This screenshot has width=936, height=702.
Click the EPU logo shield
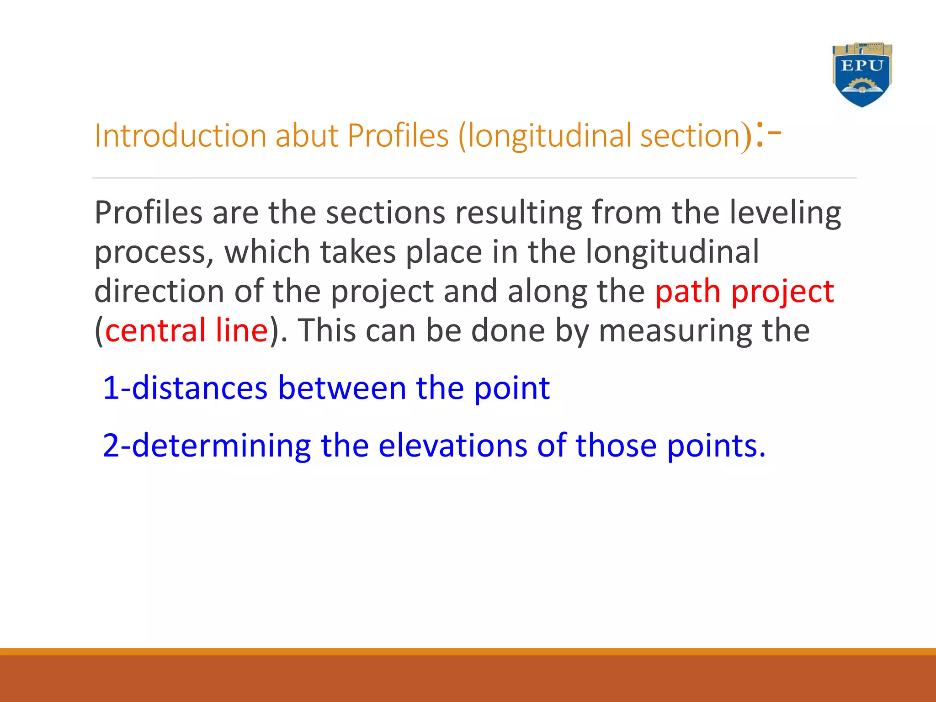pyautogui.click(x=862, y=75)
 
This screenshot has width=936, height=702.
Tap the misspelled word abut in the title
pyautogui.click(x=307, y=136)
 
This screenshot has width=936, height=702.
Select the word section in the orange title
pyautogui.click(x=690, y=136)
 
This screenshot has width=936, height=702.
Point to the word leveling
pyautogui.click(x=785, y=213)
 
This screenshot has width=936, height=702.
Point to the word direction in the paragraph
pyautogui.click(x=159, y=292)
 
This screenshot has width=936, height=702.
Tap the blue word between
pyautogui.click(x=342, y=388)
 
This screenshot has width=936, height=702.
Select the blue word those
pyautogui.click(x=616, y=446)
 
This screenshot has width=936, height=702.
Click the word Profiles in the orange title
pyautogui.click(x=398, y=136)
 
